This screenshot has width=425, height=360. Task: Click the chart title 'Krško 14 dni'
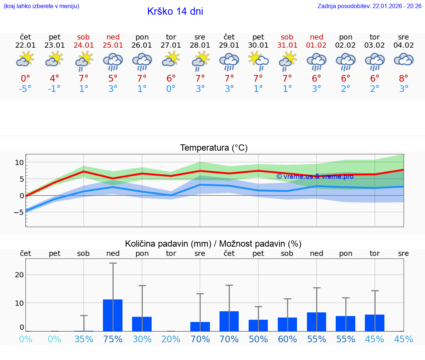175,11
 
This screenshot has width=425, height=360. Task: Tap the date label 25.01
113,45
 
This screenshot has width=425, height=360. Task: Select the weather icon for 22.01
25,59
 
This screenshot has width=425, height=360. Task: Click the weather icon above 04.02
404,59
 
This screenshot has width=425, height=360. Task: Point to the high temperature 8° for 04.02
404,79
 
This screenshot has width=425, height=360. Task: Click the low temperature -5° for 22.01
25,89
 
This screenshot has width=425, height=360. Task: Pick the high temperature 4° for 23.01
55,79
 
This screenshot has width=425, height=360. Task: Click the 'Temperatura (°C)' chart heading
214,148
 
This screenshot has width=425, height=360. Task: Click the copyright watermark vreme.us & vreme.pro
315,176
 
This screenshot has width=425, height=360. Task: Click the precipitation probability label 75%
113,339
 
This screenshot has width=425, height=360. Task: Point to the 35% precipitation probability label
84,339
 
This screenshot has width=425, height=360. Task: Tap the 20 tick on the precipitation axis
19,275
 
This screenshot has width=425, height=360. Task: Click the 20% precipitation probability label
171,339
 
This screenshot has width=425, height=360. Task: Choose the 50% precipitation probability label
258,339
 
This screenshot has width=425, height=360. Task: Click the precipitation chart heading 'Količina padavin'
168,244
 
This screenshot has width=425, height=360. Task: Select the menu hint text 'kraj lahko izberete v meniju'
41,6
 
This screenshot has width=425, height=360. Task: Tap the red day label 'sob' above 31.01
287,37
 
